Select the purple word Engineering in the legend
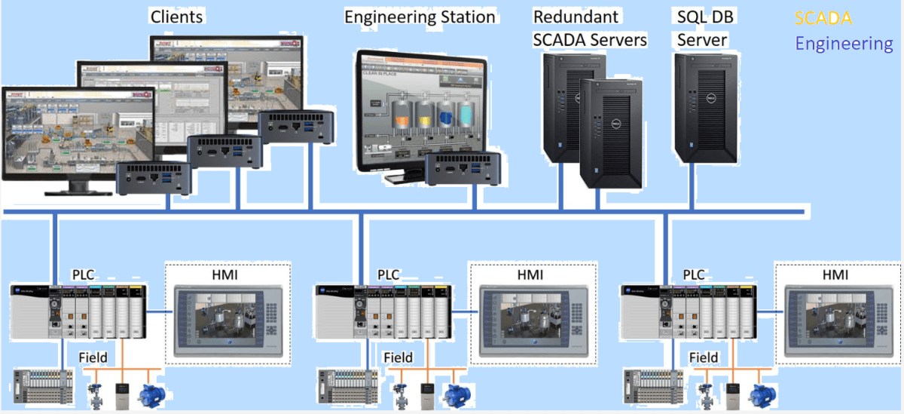click(x=844, y=44)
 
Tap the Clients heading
click(x=177, y=16)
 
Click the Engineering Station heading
click(x=420, y=17)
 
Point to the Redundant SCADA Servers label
click(x=589, y=29)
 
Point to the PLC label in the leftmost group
click(x=83, y=274)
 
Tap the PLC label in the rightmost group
click(x=694, y=274)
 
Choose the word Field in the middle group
click(x=399, y=357)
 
